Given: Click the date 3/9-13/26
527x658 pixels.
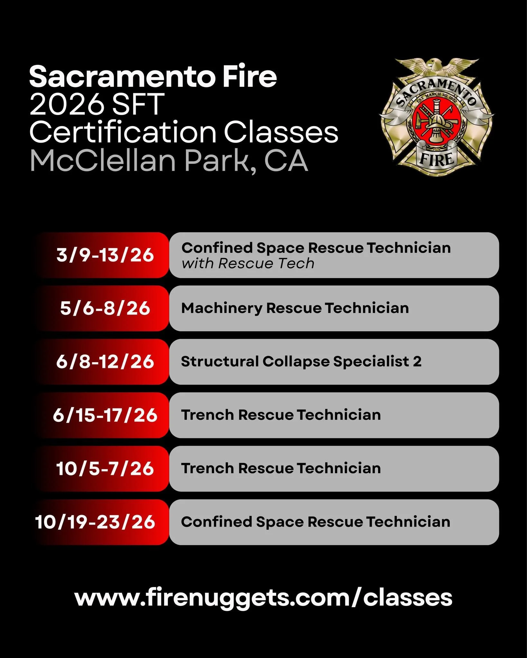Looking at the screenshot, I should [x=105, y=255].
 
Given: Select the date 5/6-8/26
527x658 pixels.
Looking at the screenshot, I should [x=105, y=308].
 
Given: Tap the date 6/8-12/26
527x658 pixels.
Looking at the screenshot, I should [x=105, y=362].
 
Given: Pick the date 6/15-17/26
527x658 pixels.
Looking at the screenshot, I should [x=105, y=415].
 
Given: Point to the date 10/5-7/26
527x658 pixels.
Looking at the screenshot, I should [x=105, y=468].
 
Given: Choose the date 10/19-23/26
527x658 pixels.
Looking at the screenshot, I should [x=95, y=522].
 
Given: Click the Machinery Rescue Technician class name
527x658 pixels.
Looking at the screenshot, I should [x=295, y=308].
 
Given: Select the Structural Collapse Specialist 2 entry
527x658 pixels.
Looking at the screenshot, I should [x=301, y=362].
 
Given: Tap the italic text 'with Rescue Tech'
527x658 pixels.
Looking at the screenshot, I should [x=248, y=264].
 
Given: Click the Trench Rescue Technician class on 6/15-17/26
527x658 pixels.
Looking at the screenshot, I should [x=281, y=415].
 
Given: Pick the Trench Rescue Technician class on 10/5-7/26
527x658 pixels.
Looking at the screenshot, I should [x=281, y=468].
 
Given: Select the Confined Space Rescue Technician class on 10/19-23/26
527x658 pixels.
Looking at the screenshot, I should [x=315, y=522].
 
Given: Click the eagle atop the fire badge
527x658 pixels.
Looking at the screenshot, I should [x=437, y=66].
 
